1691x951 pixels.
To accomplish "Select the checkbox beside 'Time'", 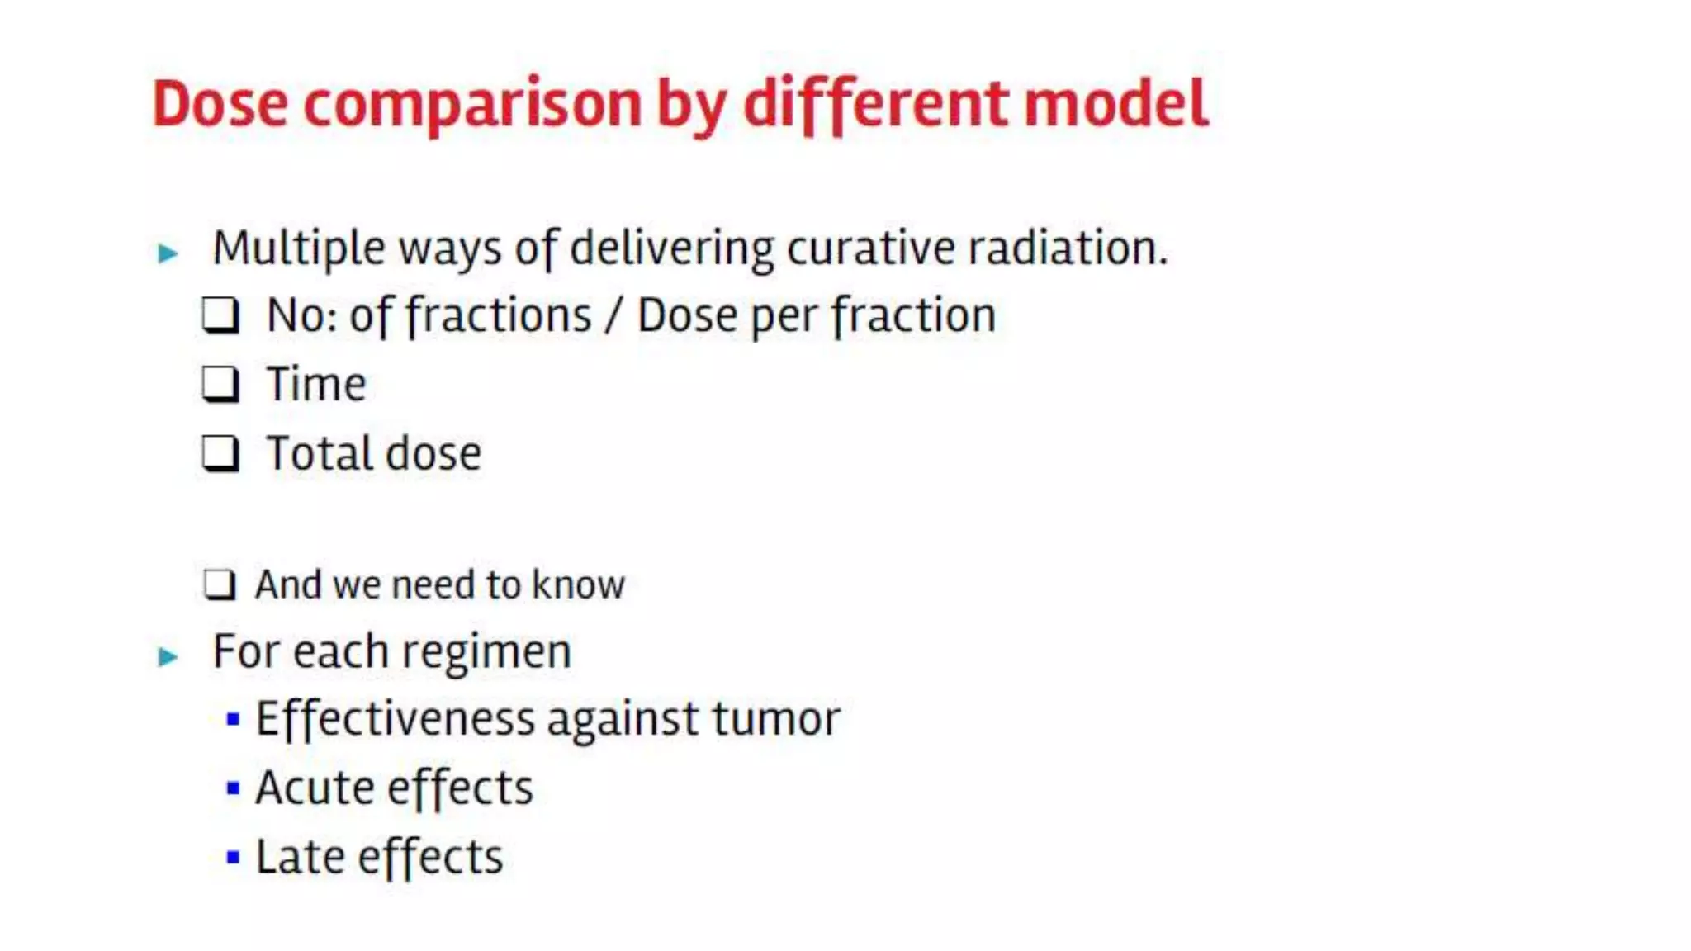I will tap(220, 385).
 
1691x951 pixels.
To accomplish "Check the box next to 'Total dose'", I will tap(220, 453).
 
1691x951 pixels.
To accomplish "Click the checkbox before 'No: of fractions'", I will tap(220, 315).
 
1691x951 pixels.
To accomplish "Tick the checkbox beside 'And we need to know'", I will tap(220, 584).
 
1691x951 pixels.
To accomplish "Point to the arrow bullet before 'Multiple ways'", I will tap(168, 253).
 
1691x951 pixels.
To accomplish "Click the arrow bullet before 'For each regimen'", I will tap(168, 656).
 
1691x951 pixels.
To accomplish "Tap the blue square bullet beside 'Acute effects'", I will tap(233, 788).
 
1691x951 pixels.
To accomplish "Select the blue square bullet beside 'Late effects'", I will tap(233, 858).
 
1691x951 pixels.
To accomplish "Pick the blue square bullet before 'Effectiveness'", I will tap(233, 719).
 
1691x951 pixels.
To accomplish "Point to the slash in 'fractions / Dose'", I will tap(613, 316).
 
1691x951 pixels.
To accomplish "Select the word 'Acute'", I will tap(313, 788).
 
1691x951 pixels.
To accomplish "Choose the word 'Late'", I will tap(299, 857).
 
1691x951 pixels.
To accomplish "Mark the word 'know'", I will tap(578, 584).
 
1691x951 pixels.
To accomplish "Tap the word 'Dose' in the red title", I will tap(220, 105).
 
